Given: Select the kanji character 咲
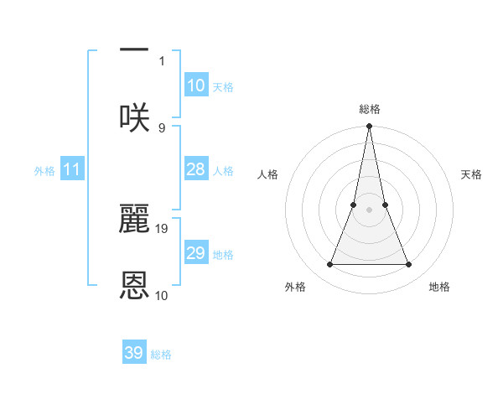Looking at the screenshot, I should [134, 117].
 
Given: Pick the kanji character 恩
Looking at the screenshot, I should [134, 286].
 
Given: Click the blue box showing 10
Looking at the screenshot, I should [195, 86].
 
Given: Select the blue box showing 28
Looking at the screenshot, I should [195, 169].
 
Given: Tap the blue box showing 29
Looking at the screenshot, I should [195, 253].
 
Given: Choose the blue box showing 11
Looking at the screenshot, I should [71, 170].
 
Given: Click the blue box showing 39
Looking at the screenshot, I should [134, 353].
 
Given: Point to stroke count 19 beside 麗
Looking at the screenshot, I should [163, 228].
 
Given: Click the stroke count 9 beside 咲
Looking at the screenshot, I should [162, 127].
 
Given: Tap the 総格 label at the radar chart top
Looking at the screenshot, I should [369, 109].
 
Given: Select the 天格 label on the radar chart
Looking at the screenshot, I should [472, 174].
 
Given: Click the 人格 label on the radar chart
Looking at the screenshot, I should [267, 174].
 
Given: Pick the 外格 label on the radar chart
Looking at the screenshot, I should [295, 287].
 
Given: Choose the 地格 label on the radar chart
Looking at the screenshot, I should [439, 287].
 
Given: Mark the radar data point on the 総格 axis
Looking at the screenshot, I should [369, 127].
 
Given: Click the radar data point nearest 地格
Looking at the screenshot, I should [409, 265].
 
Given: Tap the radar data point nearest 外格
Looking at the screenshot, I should [329, 265].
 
